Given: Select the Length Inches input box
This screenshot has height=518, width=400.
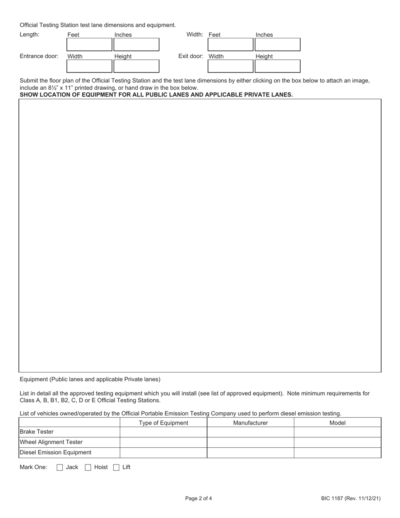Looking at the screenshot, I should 136,45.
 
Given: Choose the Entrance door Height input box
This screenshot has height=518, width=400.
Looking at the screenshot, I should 136,67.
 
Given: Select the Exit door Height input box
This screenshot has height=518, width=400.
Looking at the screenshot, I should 277,67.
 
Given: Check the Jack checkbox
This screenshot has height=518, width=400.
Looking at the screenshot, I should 60,467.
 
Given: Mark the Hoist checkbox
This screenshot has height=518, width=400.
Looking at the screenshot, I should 88,467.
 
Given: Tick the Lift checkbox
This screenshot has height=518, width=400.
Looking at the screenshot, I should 117,467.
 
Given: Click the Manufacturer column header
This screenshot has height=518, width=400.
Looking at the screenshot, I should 251,423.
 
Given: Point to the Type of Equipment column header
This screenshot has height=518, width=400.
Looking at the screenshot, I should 163,423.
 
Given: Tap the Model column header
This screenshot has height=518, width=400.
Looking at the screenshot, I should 337,423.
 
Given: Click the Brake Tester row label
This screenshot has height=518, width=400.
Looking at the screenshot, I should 37,432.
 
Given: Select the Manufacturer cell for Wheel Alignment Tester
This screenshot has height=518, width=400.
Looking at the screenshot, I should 251,442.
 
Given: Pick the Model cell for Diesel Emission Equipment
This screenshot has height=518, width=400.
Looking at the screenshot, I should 337,453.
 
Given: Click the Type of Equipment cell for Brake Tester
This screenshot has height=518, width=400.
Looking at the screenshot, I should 163,432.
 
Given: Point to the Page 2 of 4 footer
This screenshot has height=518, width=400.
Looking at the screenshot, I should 199,499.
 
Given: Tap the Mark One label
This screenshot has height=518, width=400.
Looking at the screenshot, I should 34,467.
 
